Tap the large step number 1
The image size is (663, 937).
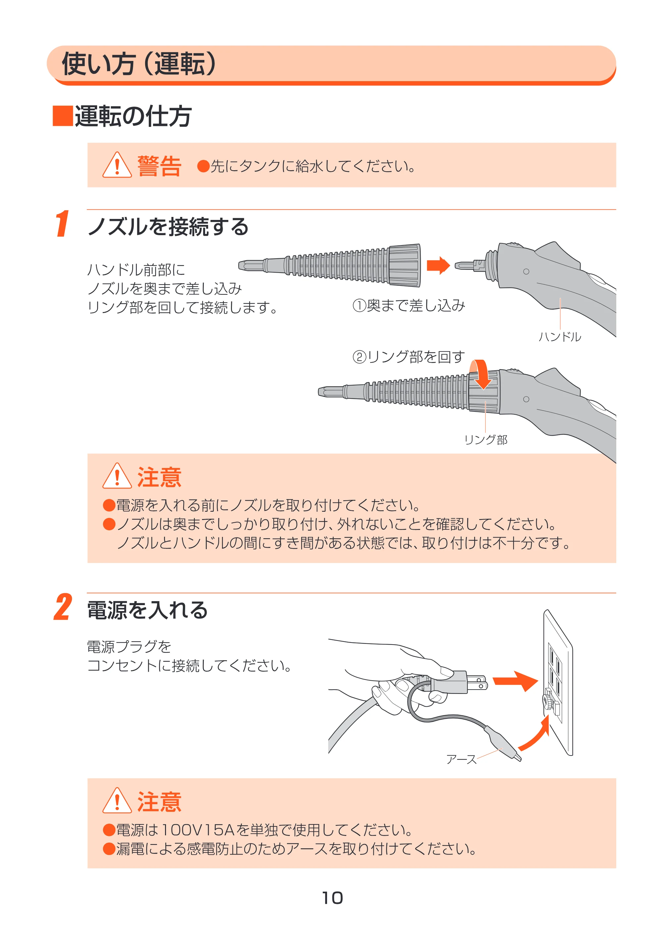[x=63, y=223]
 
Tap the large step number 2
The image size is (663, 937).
[x=63, y=607]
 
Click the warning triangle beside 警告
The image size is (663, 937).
[x=117, y=165]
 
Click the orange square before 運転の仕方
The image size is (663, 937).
[x=63, y=116]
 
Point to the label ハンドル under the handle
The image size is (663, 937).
[x=560, y=337]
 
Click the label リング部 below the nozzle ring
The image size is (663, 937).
[x=486, y=440]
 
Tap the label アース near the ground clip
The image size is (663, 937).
[x=461, y=759]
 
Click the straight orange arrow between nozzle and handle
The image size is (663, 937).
[x=438, y=265]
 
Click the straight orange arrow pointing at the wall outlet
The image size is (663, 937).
[x=516, y=681]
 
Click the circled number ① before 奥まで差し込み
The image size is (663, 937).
[x=359, y=306]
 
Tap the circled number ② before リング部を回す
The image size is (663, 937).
[x=359, y=357]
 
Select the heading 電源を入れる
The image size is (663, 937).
[x=147, y=610]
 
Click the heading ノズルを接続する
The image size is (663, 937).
[x=168, y=227]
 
